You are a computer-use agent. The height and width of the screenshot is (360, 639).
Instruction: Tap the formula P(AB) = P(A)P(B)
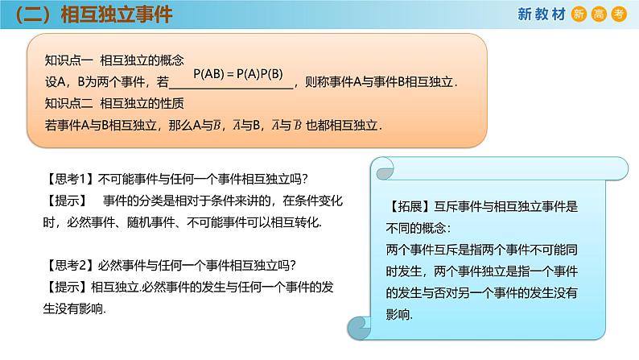point(240,74)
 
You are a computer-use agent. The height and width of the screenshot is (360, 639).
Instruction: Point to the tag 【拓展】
point(413,205)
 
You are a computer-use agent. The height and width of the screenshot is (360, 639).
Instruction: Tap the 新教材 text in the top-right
point(538,14)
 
